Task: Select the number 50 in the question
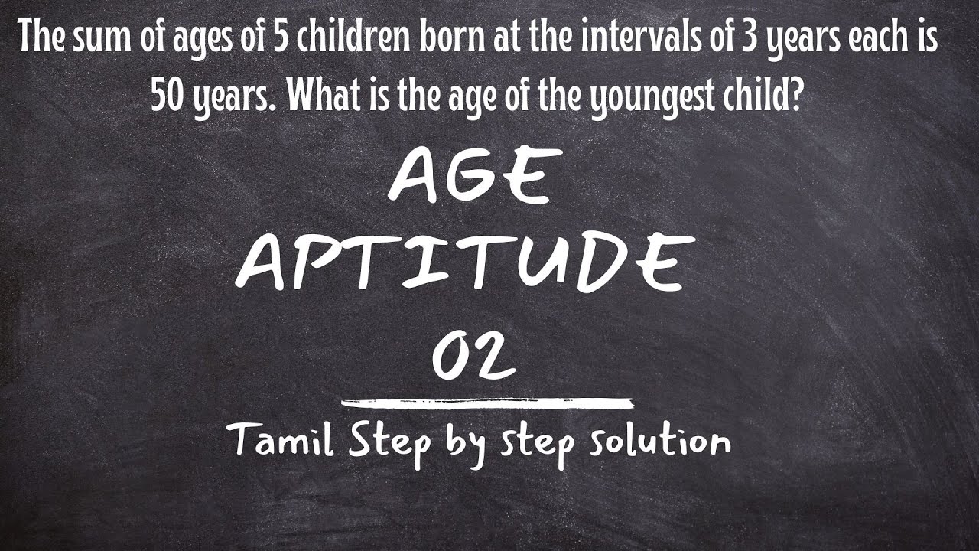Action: [165, 96]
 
